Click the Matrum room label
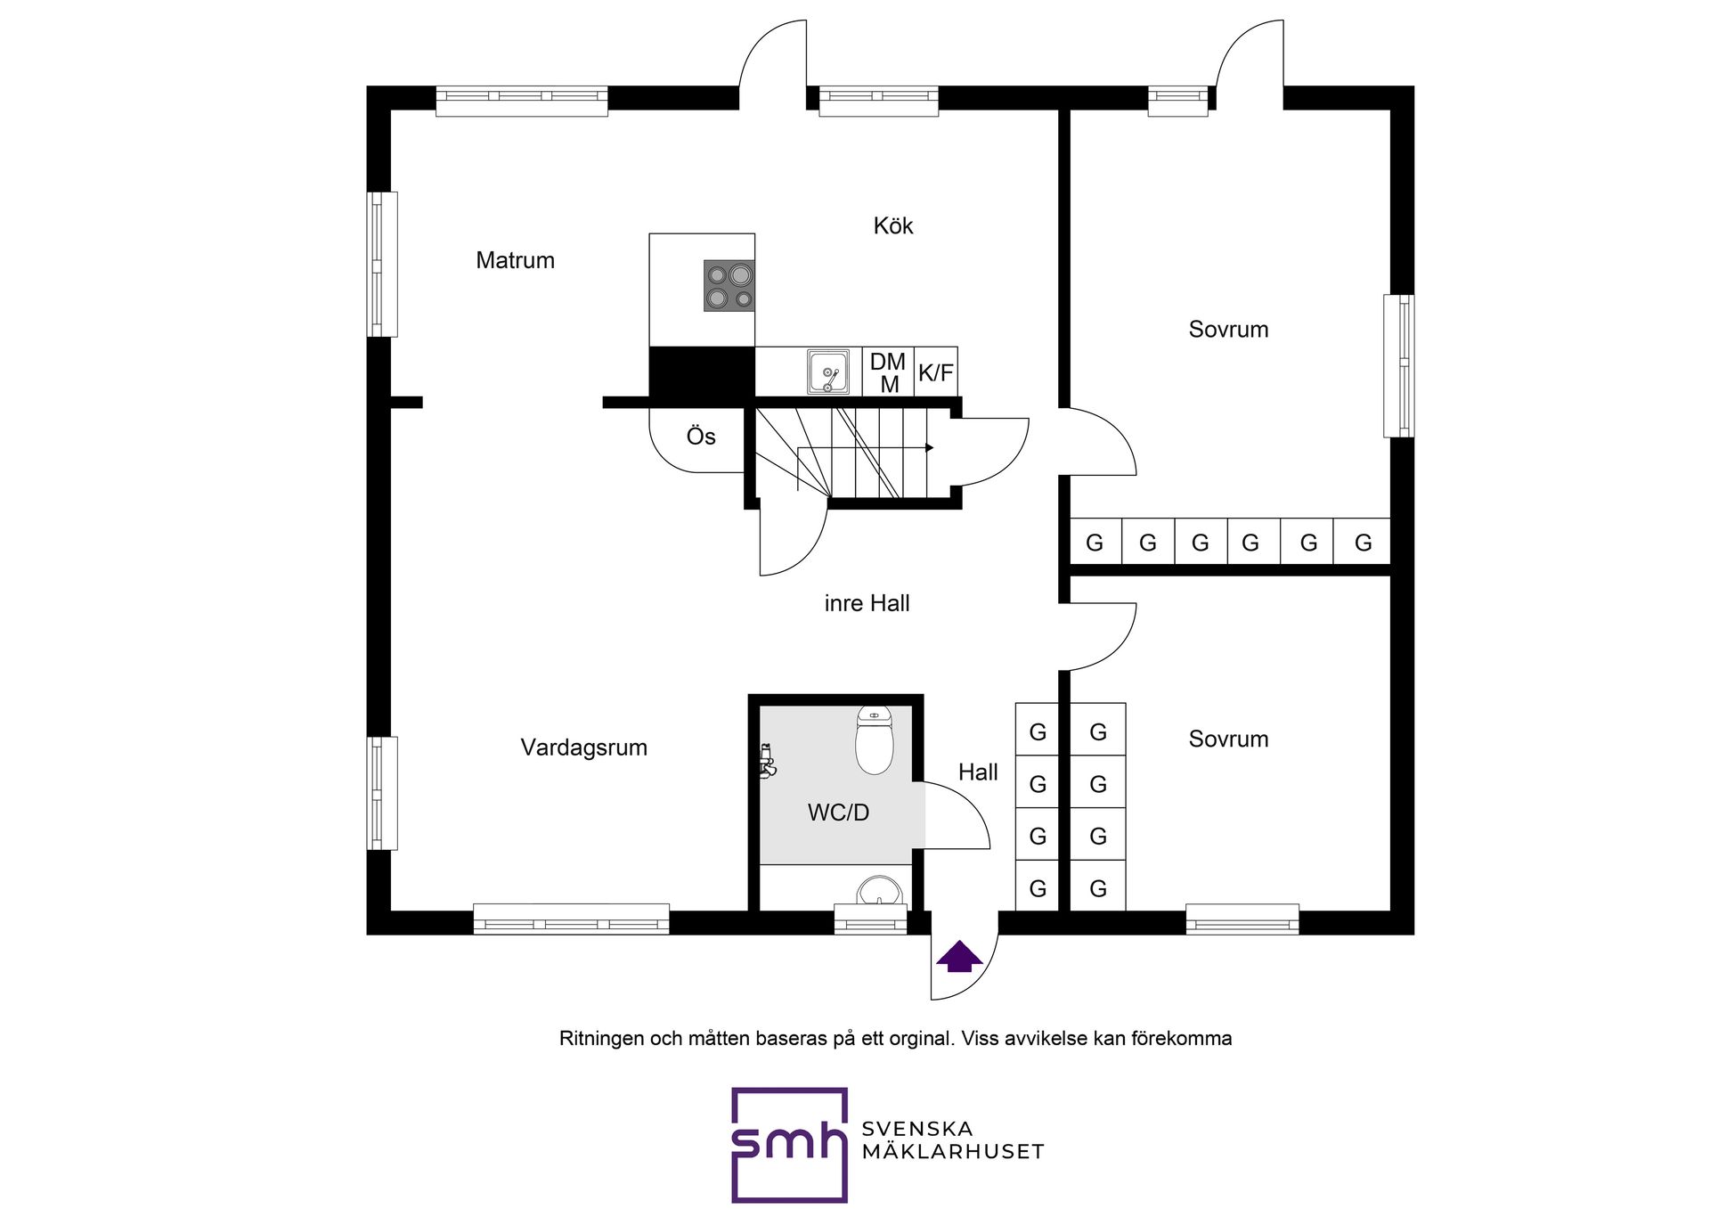(515, 260)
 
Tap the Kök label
(892, 225)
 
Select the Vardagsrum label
(583, 747)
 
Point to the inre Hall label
(867, 603)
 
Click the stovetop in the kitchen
(729, 285)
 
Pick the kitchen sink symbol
(827, 372)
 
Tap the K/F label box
(935, 372)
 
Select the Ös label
(701, 437)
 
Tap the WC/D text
(838, 813)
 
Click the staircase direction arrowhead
(929, 447)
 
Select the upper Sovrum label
(1228, 330)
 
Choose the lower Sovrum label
(1228, 739)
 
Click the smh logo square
(788, 1144)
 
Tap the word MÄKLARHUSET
(952, 1152)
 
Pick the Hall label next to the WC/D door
(977, 772)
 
